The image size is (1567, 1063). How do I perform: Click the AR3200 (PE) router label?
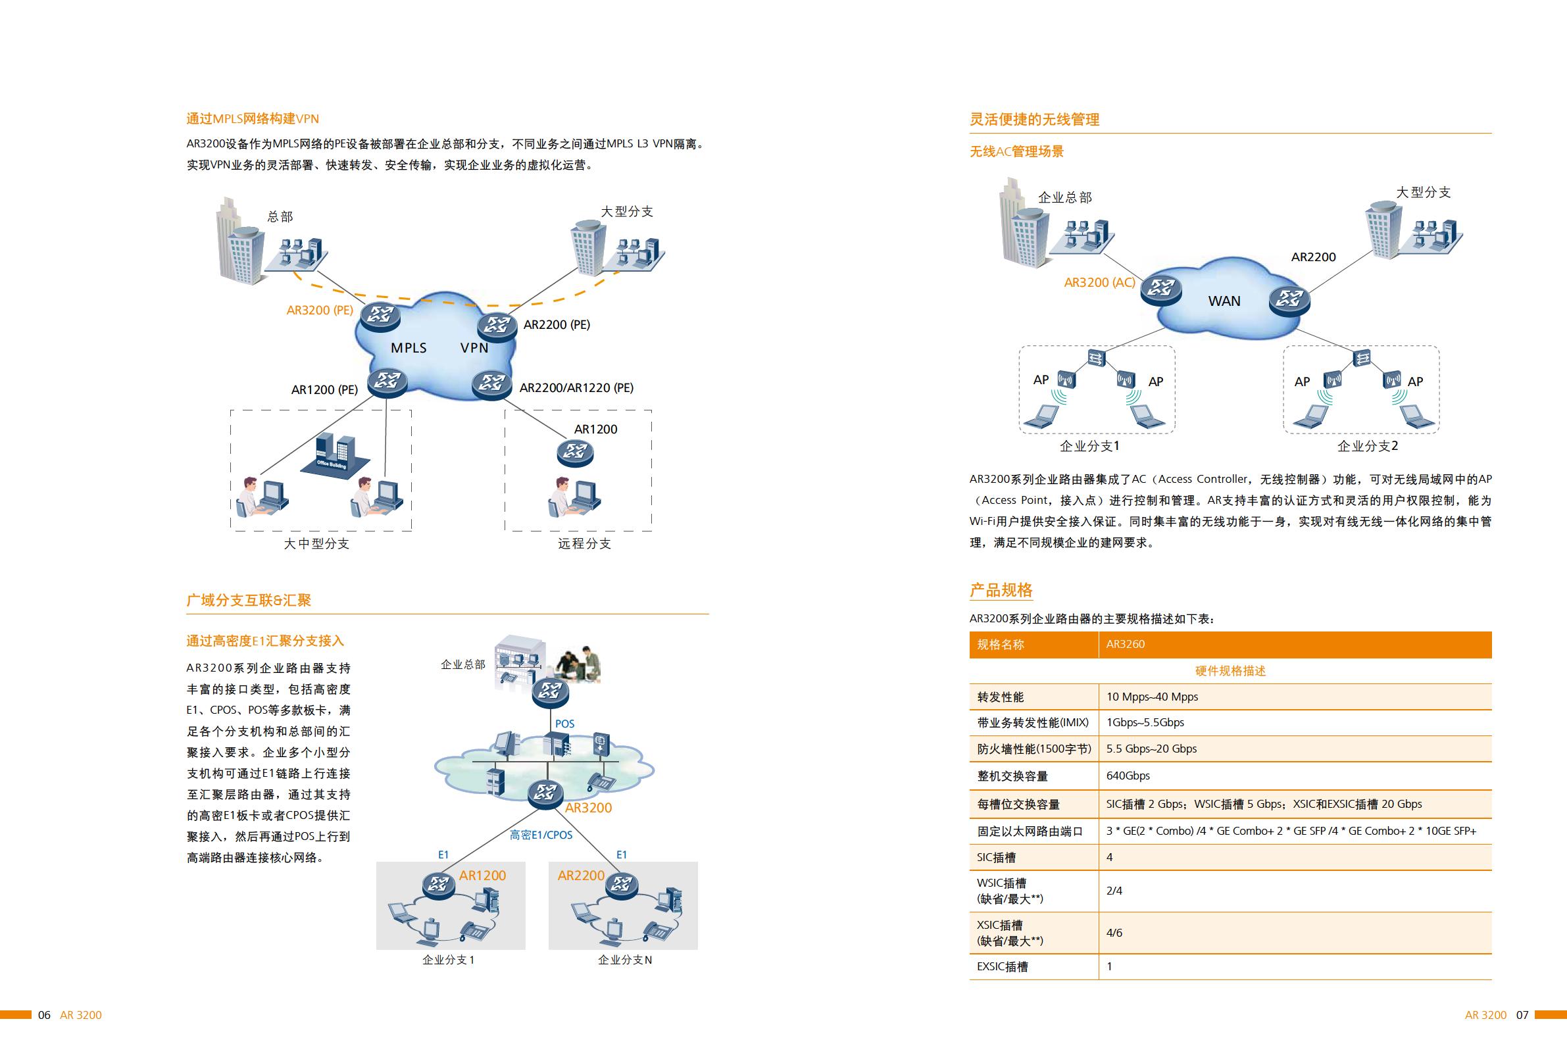[320, 310]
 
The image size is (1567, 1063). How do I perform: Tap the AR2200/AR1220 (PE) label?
[576, 387]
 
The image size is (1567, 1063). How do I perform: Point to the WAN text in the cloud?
[1224, 301]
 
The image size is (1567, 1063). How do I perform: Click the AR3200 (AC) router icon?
[1160, 290]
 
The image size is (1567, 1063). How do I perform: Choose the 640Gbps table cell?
[1128, 776]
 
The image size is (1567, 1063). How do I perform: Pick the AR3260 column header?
[1126, 644]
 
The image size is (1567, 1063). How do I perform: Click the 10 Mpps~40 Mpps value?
[1153, 697]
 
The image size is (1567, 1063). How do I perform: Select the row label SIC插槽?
[996, 857]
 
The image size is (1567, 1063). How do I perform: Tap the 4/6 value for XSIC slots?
[1114, 933]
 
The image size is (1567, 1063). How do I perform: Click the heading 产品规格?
[1001, 591]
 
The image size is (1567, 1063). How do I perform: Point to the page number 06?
[45, 1015]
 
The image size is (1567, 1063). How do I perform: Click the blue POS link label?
[564, 724]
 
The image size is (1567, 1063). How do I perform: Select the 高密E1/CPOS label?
[541, 835]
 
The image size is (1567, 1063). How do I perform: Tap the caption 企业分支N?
[624, 960]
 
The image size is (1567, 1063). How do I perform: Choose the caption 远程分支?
[584, 544]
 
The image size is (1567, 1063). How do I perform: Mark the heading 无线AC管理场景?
[1017, 152]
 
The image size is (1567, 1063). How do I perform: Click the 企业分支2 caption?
[1368, 446]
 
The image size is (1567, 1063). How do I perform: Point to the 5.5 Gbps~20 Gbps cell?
[1152, 749]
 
